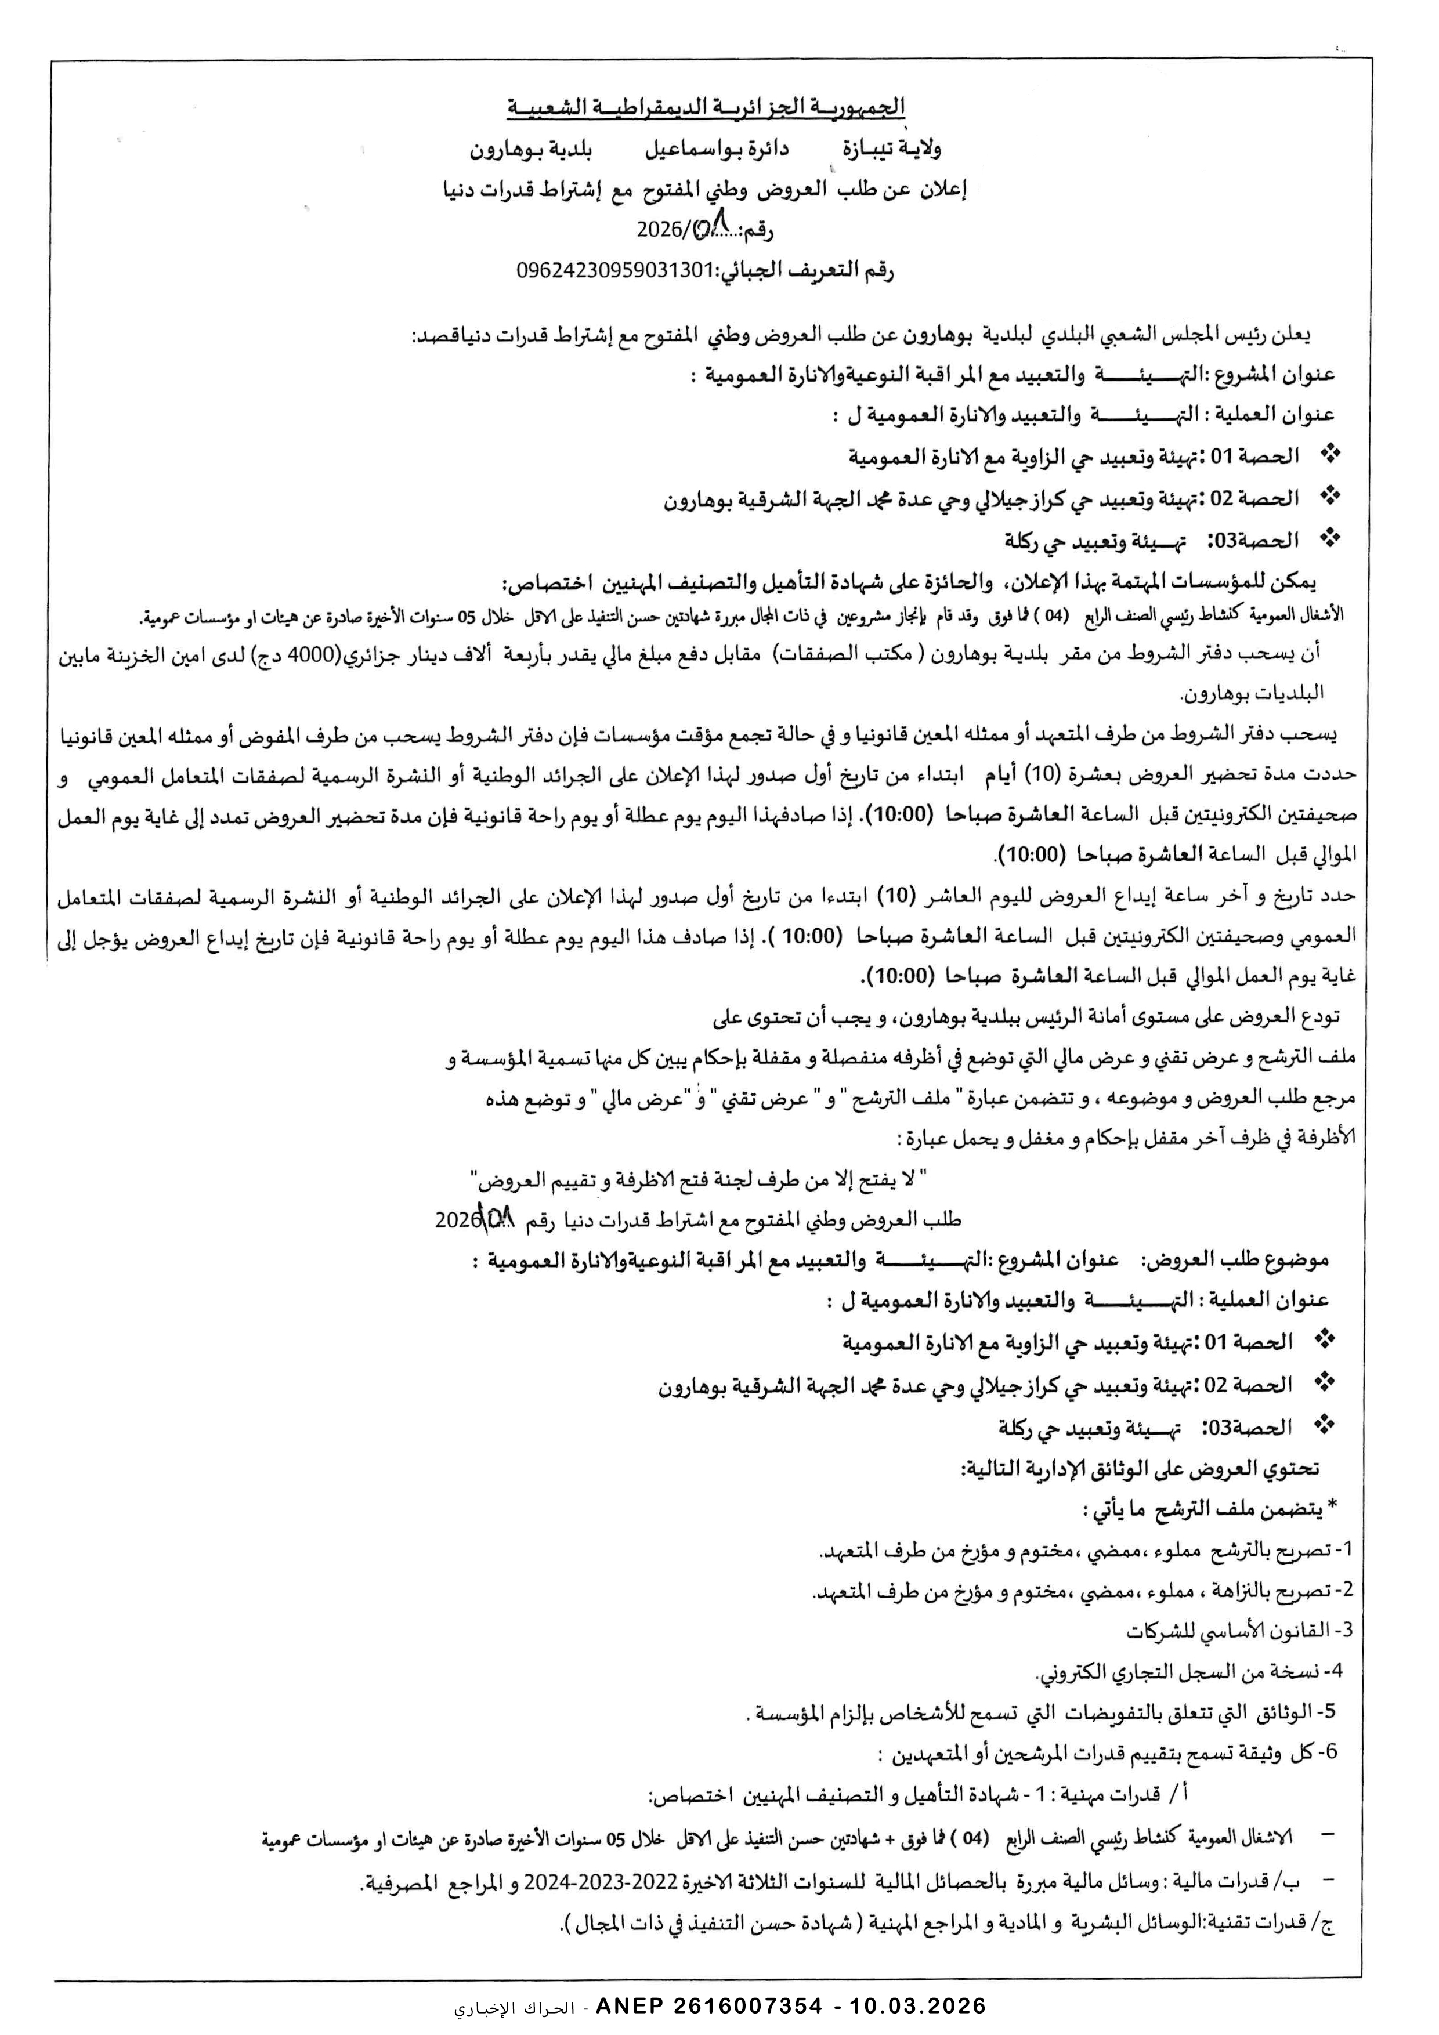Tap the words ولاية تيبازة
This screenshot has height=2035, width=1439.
pos(858,149)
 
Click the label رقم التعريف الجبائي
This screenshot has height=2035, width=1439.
pos(804,272)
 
